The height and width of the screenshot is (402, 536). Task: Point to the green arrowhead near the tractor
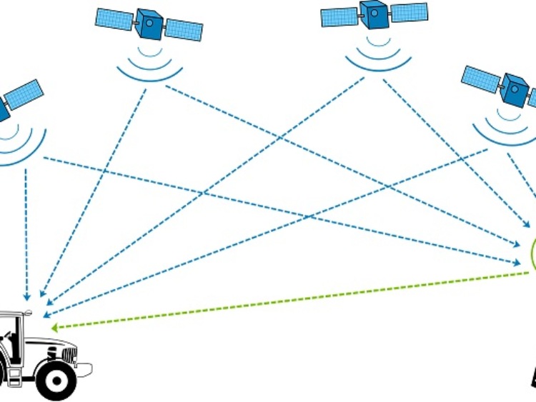pos(54,327)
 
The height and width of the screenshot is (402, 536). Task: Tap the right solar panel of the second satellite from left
pos(184,29)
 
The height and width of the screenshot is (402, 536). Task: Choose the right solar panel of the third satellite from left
pos(410,12)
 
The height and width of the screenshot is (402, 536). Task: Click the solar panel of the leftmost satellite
pos(24,94)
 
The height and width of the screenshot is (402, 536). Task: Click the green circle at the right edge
pos(532,254)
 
